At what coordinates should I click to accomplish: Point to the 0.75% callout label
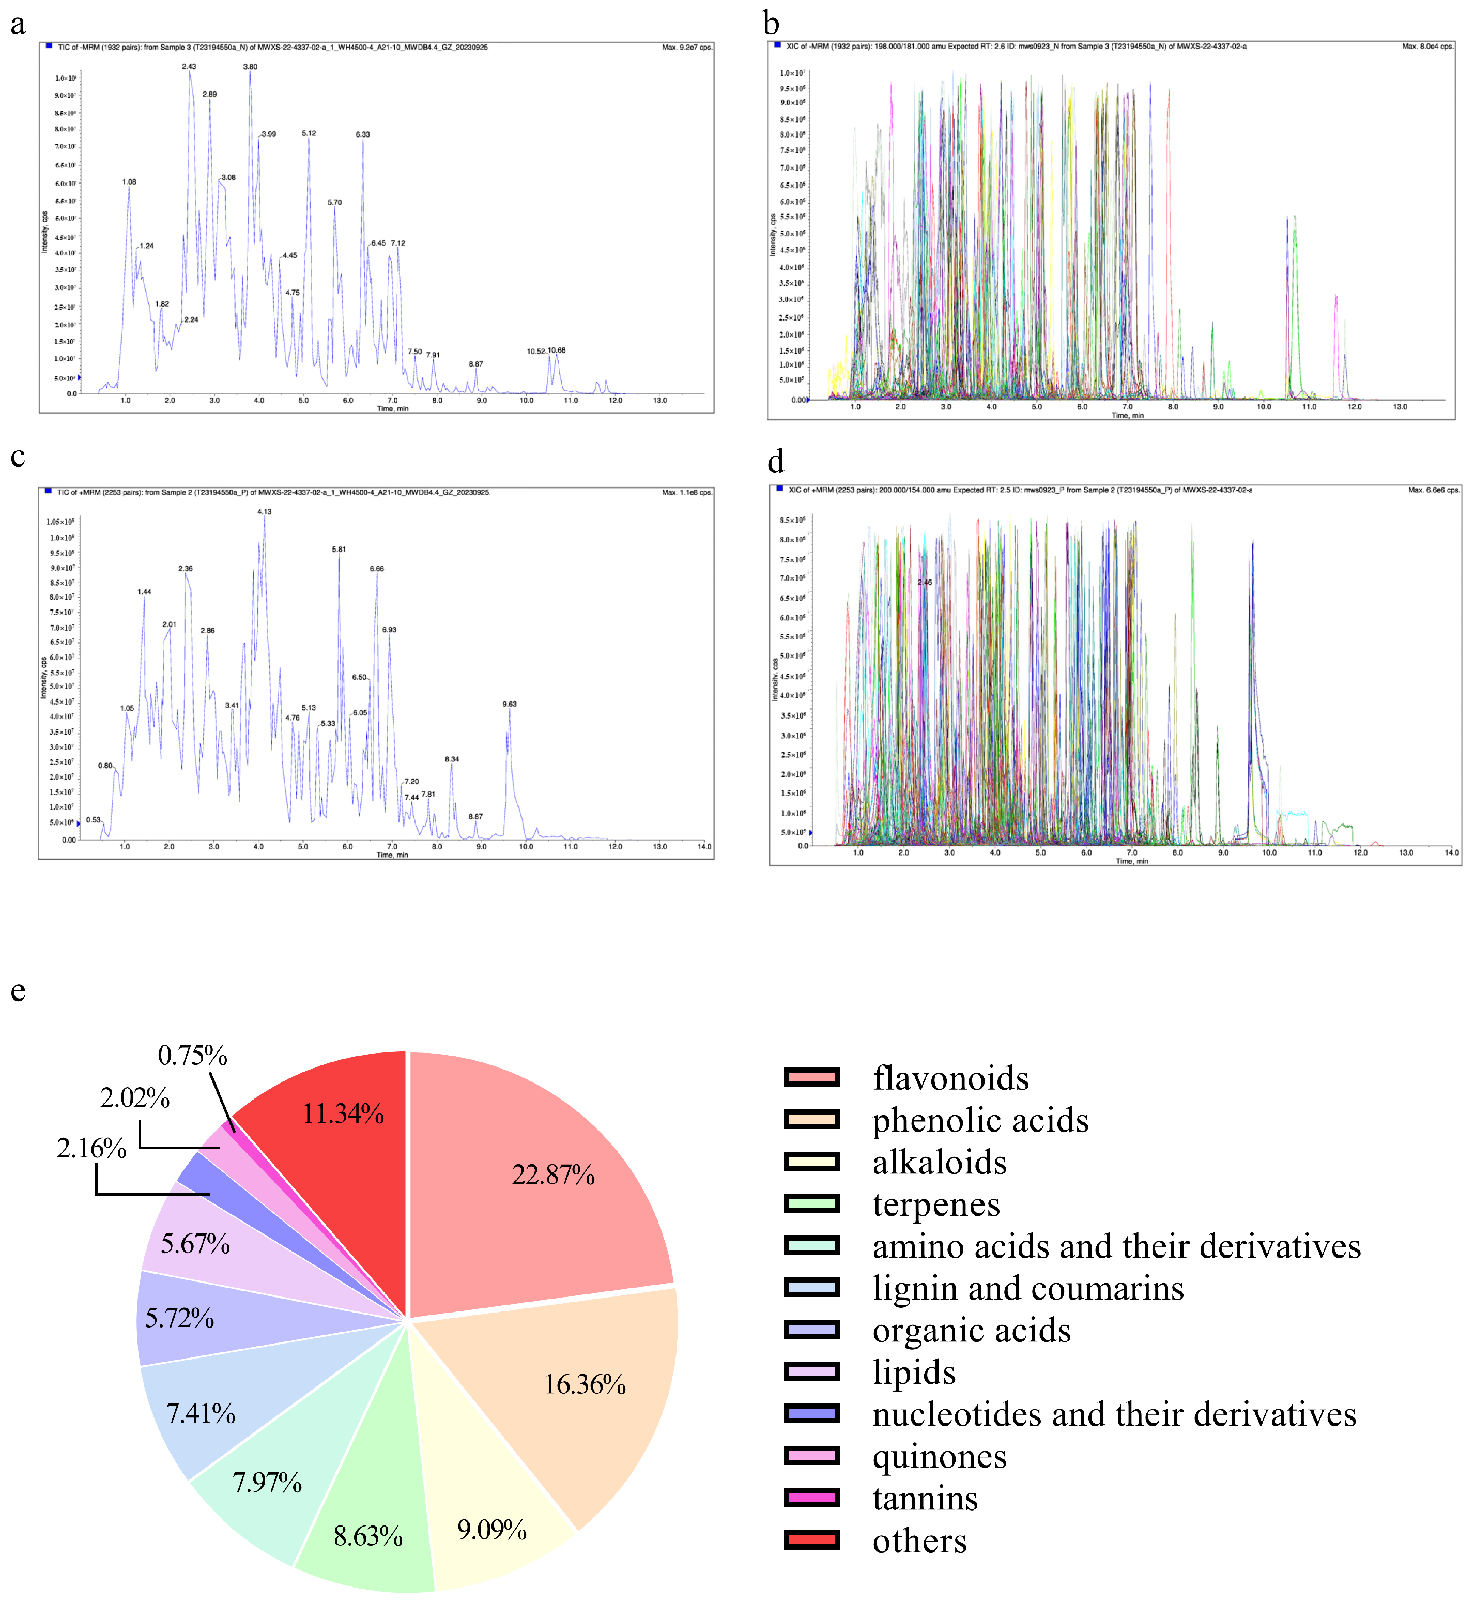pos(192,1056)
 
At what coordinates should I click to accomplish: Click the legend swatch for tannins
pos(812,1498)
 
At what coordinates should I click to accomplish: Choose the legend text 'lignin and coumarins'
pos(1027,1288)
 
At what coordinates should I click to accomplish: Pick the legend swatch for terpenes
pos(812,1203)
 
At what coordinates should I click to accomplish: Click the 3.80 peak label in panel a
pos(250,67)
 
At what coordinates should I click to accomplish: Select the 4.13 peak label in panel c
pos(264,512)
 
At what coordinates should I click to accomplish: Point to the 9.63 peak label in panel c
pos(509,704)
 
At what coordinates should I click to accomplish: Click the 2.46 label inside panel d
pos(924,583)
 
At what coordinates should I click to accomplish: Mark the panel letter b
pos(771,24)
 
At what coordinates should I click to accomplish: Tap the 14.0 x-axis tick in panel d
pos(1451,852)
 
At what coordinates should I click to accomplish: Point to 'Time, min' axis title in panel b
pos(1127,415)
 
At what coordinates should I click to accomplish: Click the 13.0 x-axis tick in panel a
pos(660,401)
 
